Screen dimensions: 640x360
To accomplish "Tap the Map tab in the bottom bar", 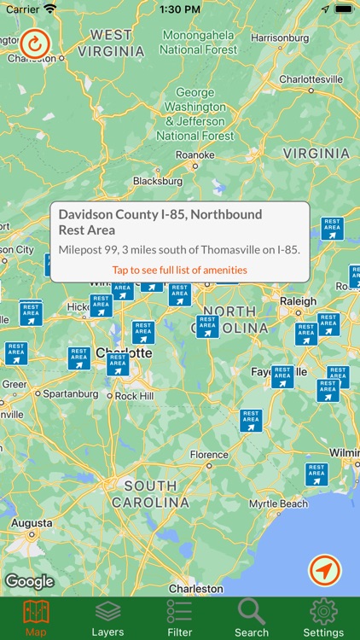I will (x=36, y=618).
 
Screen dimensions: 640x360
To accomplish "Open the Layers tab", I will (x=107, y=618).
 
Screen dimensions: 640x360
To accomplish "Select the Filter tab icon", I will (x=179, y=618).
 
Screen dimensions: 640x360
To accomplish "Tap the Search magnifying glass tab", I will (x=252, y=618).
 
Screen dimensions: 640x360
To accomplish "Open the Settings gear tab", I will (x=323, y=618).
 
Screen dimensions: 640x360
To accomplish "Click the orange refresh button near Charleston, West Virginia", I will (x=35, y=43).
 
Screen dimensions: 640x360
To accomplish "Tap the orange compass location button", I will (x=324, y=570).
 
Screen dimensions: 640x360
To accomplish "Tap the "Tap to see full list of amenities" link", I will (x=179, y=270).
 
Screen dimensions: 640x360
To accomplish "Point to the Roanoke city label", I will (x=195, y=154).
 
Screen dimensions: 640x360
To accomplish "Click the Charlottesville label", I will (x=311, y=79).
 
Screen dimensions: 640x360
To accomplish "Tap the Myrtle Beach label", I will (x=278, y=503).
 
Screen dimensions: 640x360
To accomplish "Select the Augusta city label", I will (x=32, y=522).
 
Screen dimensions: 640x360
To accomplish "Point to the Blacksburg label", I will (x=158, y=181).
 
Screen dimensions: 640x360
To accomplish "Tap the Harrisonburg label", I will (x=280, y=38).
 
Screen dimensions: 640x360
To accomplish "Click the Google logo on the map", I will (x=29, y=581).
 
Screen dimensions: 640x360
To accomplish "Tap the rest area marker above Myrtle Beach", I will (x=316, y=473).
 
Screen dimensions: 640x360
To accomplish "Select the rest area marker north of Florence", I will (x=250, y=420).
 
